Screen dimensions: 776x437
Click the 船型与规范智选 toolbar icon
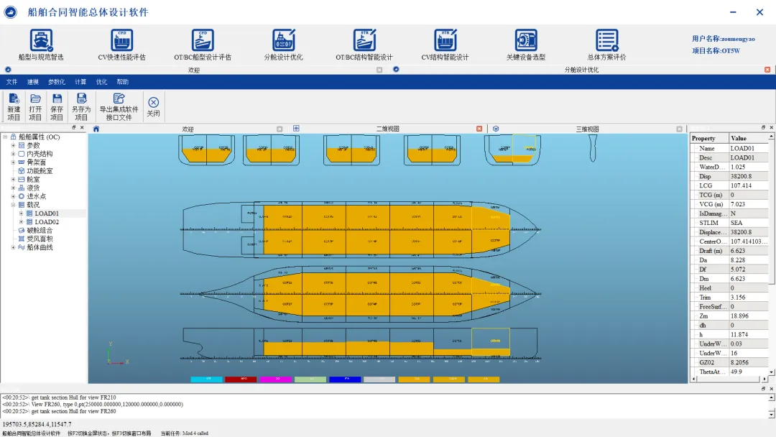41,41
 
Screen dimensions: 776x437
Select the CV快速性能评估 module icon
121,41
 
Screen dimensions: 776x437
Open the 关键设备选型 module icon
526,41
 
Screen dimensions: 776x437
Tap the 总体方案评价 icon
606,41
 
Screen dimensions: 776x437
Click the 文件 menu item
12,82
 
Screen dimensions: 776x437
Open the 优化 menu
101,82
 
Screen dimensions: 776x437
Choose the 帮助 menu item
123,82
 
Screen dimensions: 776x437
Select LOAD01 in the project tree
47,213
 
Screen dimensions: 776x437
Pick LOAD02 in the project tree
47,222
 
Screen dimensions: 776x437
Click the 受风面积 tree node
40,239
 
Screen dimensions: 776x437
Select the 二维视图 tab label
387,129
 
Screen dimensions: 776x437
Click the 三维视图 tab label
587,129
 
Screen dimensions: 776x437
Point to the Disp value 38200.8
743,176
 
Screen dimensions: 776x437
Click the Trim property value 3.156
738,298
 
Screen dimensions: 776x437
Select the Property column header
703,138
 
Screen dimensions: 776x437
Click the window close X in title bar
759,12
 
